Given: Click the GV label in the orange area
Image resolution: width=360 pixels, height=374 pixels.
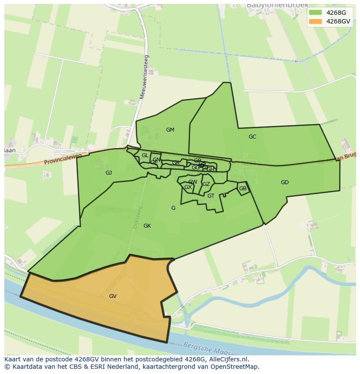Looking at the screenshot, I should pos(113,296).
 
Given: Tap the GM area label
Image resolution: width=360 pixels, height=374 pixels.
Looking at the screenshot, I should pos(170,130).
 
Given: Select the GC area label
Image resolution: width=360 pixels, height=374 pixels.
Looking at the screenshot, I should pos(252,137).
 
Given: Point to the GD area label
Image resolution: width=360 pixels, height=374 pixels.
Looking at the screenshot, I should pos(285,182).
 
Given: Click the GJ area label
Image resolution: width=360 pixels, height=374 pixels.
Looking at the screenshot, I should pos(109,173).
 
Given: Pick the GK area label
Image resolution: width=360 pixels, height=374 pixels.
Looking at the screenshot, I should pos(147,226).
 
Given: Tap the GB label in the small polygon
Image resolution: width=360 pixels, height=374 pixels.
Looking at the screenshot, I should pos(243,189).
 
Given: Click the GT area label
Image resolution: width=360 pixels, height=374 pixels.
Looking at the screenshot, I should pos(211,196).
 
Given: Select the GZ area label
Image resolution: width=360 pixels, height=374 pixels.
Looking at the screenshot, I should pos(206,184).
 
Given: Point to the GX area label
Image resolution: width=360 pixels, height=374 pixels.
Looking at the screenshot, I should pos(188,187).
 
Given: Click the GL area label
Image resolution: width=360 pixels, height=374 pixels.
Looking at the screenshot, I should pos(145,156).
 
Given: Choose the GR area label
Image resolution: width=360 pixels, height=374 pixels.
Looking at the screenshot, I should pos(175,163).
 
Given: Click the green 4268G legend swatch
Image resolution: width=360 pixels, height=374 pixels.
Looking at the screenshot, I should pos(315,12).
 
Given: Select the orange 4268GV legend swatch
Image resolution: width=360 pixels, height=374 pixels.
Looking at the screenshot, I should pos(315,21).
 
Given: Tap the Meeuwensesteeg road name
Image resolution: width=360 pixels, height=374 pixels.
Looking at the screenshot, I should pos(144,77).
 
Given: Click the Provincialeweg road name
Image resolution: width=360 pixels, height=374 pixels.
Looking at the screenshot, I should pos(63,159).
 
